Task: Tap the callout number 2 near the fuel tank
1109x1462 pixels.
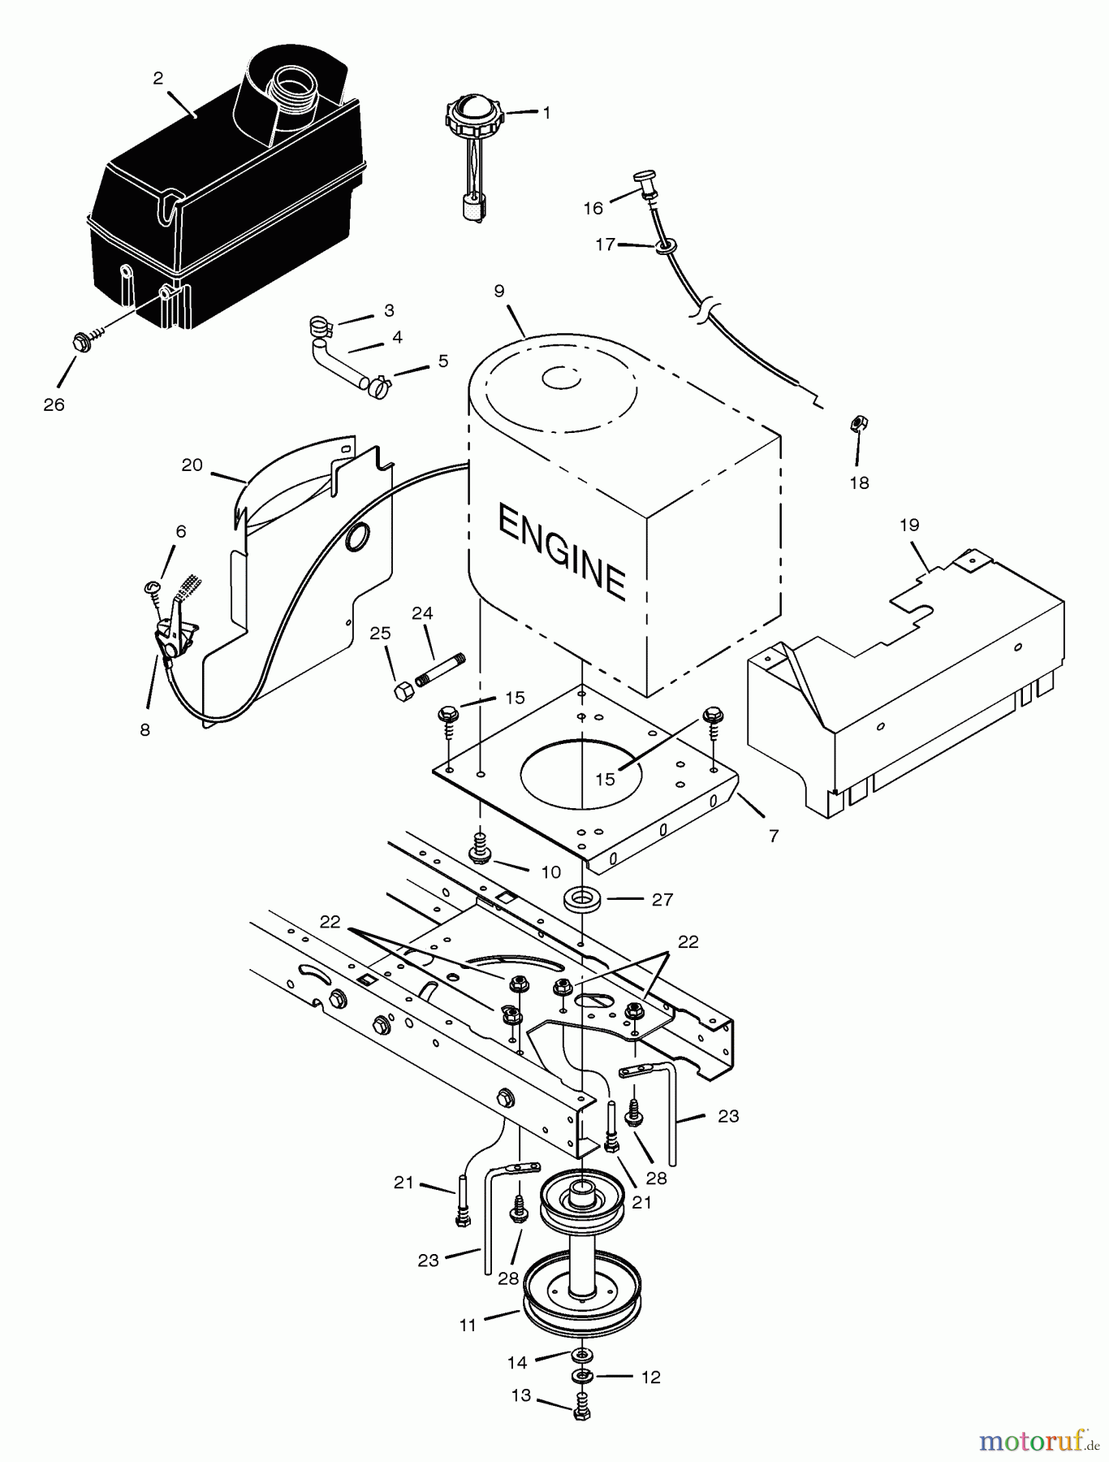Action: (x=158, y=78)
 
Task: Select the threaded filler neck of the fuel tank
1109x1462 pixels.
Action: (x=294, y=82)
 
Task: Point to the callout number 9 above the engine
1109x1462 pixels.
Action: (x=498, y=290)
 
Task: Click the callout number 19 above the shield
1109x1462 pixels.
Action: (x=909, y=525)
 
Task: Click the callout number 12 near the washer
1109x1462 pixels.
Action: (x=650, y=1378)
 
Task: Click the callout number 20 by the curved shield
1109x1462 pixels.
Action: (x=192, y=465)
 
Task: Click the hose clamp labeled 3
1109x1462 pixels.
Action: (x=321, y=328)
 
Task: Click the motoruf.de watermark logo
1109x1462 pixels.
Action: (x=1038, y=1442)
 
